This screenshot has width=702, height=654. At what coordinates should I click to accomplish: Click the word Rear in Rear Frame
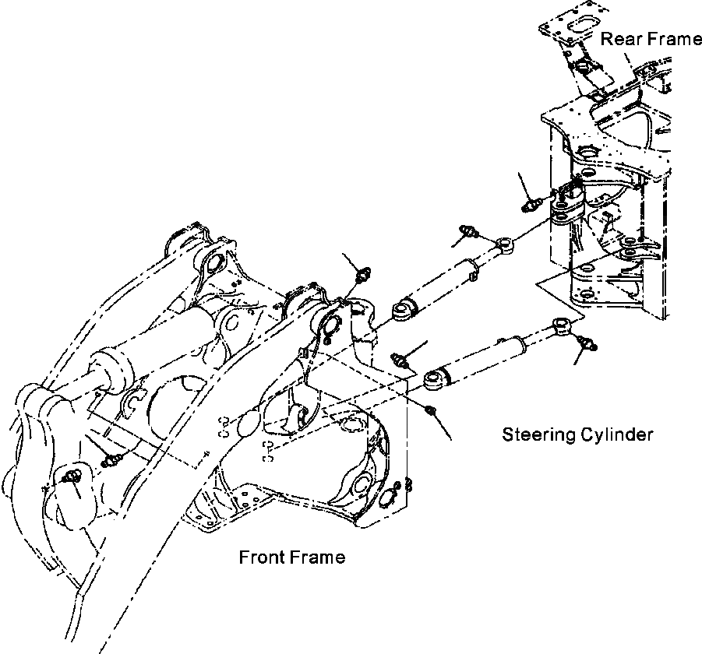(x=620, y=39)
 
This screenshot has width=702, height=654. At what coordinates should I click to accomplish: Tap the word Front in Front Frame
(x=263, y=557)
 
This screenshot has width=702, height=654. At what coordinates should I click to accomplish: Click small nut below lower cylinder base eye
(x=431, y=410)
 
